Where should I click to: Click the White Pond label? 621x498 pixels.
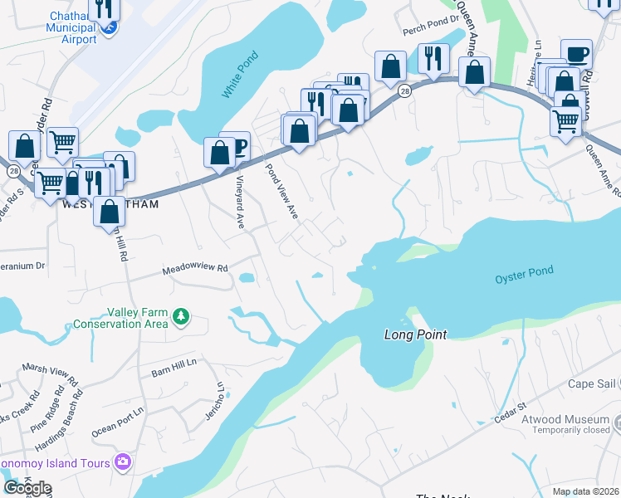241,76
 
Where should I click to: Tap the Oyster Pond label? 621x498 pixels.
524,276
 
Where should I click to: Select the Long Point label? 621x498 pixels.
415,334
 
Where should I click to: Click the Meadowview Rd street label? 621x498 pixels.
195,269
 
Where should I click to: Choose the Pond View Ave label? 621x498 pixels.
281,190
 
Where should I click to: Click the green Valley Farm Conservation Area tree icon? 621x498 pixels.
179,316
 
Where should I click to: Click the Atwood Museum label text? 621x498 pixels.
565,420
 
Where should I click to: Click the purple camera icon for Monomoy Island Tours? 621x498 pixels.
124,461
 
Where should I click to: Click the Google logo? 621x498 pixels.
27,488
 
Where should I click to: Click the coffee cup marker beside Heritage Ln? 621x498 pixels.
576,54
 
